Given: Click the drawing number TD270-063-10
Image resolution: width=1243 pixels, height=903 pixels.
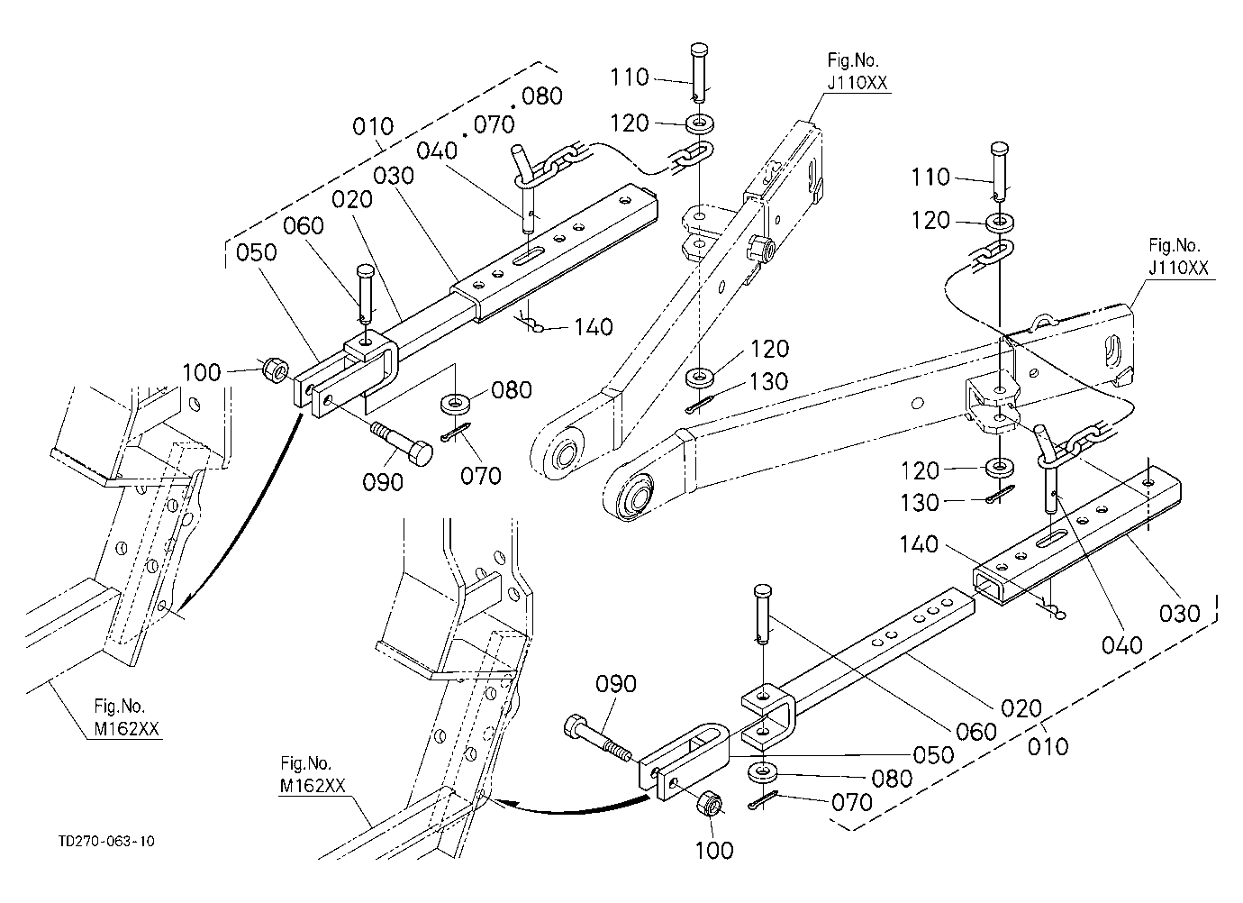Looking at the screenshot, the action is coord(106,841).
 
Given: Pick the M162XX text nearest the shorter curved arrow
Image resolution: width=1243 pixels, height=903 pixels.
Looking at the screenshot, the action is coord(313,786).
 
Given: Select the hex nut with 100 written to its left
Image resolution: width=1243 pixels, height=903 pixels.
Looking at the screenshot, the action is coord(275,369).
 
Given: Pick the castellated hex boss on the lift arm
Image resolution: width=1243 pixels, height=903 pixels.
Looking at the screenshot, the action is coord(759,247).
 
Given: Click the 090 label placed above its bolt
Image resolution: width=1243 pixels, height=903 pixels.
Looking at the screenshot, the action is coord(615,684).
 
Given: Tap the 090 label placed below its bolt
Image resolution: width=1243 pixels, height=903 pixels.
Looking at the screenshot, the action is coord(382,482).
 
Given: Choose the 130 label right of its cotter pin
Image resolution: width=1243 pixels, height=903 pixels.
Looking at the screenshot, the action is coord(768,381).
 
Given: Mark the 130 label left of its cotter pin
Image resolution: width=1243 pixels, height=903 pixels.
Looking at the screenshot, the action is coord(919,503).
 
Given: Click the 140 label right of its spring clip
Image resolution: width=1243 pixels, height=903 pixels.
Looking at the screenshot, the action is coord(594,327).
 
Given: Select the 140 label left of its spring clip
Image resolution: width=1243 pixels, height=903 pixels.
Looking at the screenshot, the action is coord(919,544).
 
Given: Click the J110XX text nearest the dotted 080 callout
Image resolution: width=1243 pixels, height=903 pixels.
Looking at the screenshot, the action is coord(857,83).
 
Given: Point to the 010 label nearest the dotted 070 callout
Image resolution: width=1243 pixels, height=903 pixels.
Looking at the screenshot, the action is coord(372,127).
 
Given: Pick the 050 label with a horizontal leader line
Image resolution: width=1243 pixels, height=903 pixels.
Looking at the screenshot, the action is coord(933,754).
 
